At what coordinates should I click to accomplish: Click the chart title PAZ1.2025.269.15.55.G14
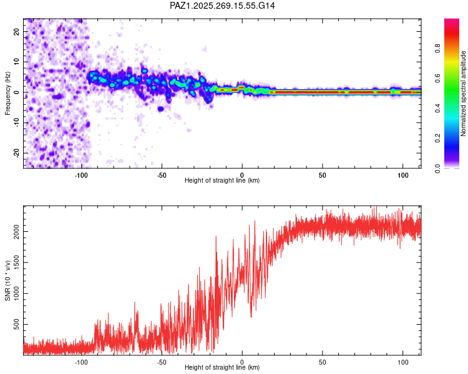coord(222,6)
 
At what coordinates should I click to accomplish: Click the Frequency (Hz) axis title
coord(7,93)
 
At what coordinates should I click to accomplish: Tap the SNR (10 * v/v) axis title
coord(7,280)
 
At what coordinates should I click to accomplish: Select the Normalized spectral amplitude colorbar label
coord(463,93)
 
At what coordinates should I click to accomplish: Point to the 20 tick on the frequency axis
coord(16,31)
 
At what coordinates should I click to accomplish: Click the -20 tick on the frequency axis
coord(16,153)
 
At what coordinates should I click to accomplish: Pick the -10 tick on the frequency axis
coord(16,123)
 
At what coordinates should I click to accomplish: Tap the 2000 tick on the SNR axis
coord(16,231)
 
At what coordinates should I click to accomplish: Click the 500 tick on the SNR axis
coord(16,324)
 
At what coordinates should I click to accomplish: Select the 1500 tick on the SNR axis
coord(16,262)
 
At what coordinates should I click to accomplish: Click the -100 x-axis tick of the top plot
coord(81,175)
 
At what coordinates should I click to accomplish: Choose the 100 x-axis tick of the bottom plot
coord(403,362)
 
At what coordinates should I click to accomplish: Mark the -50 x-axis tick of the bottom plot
coord(162,362)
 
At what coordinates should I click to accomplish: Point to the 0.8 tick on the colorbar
coord(437,48)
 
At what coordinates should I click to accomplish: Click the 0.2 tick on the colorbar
coord(437,138)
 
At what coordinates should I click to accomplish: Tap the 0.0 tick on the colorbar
coord(437,168)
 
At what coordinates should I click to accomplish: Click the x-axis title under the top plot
coord(222,180)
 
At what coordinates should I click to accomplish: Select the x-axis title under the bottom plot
coord(222,367)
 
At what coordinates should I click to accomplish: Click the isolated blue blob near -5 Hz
coord(160,109)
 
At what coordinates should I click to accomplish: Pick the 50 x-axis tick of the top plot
coord(323,175)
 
